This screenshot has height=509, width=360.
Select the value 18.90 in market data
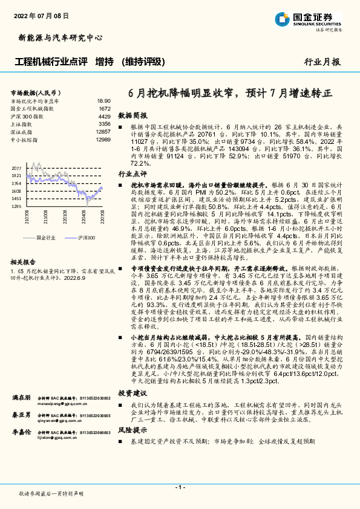point(103,101)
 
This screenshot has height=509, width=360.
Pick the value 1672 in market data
point(105,108)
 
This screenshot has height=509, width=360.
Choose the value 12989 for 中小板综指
point(103,139)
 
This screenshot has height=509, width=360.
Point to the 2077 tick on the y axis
point(16,168)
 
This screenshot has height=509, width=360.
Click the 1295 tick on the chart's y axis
point(16,206)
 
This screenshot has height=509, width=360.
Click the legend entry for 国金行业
point(45,238)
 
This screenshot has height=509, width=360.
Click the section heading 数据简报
point(132,114)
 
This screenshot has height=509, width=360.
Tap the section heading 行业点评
point(132,173)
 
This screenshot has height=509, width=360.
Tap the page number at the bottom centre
point(180,487)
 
